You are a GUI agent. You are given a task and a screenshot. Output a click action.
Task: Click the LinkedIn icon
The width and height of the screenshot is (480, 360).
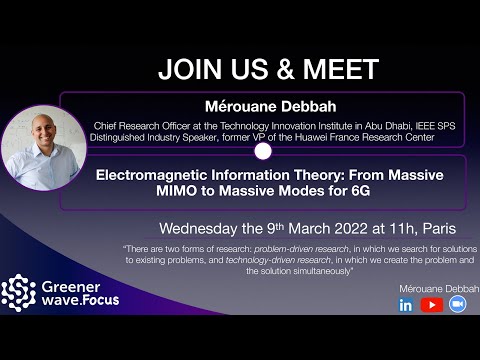click(406, 305)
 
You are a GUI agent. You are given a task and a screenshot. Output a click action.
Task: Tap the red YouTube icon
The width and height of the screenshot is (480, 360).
click(432, 305)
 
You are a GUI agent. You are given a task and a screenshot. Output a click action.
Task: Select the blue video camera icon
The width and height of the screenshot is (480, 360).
click(458, 305)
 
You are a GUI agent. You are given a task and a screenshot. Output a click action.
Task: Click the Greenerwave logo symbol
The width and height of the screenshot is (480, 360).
click(18, 292)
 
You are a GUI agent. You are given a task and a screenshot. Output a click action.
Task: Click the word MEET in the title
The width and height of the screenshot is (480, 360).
click(343, 70)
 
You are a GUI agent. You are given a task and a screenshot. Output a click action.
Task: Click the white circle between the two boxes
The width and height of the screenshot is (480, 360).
click(264, 152)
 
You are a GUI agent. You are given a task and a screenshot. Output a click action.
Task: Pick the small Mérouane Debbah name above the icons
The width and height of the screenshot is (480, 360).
click(432, 287)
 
